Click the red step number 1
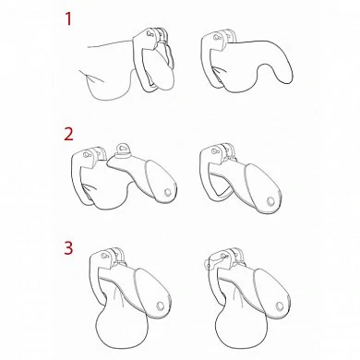tap(68, 18)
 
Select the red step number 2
tap(68, 134)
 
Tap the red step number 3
tap(68, 247)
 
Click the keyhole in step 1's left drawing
tap(150, 33)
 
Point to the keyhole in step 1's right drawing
tap(217, 38)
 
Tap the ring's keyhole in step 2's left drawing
tap(87, 154)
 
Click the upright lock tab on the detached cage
tap(122, 150)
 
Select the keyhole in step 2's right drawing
tap(215, 151)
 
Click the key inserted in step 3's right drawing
tap(214, 261)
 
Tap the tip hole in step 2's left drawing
tap(168, 193)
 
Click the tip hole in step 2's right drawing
tap(270, 202)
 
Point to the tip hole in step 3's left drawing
tap(161, 306)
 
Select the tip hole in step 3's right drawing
tap(280, 306)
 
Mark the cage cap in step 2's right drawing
tap(261, 187)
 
